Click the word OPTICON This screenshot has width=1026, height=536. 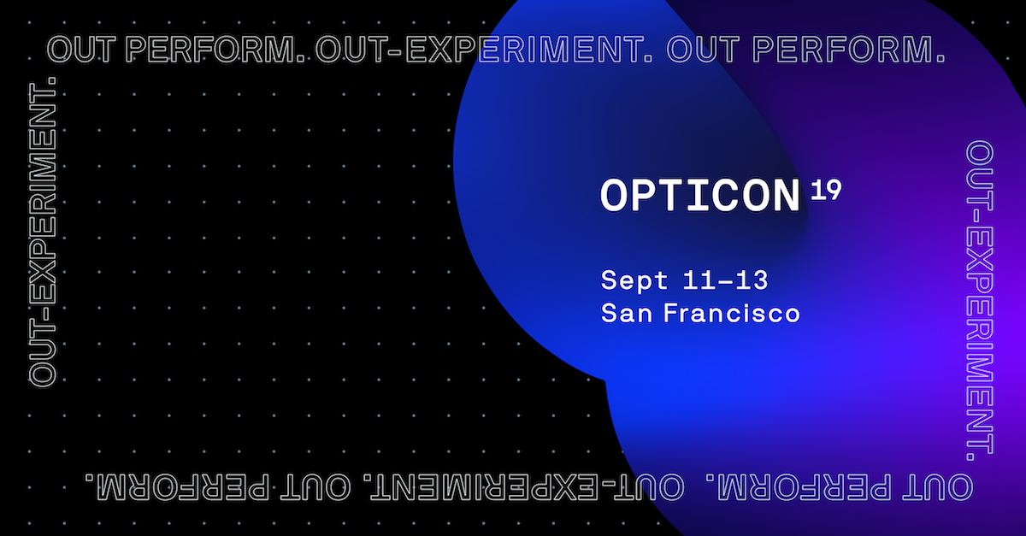pyautogui.click(x=700, y=196)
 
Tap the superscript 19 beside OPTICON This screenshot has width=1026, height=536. pyautogui.click(x=826, y=190)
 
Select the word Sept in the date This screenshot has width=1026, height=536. pyautogui.click(x=634, y=280)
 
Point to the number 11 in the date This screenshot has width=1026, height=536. pyautogui.click(x=695, y=280)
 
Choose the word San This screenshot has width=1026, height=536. pyautogui.click(x=627, y=314)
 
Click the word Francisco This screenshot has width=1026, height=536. pyautogui.click(x=732, y=313)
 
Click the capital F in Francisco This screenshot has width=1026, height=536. pyautogui.click(x=672, y=314)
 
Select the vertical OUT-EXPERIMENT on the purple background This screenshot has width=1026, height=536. pyautogui.click(x=980, y=300)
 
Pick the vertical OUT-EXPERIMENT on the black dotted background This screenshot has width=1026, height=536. pyautogui.click(x=43, y=233)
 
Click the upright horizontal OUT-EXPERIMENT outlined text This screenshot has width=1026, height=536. pyautogui.click(x=484, y=50)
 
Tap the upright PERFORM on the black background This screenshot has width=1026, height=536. pyautogui.click(x=215, y=50)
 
